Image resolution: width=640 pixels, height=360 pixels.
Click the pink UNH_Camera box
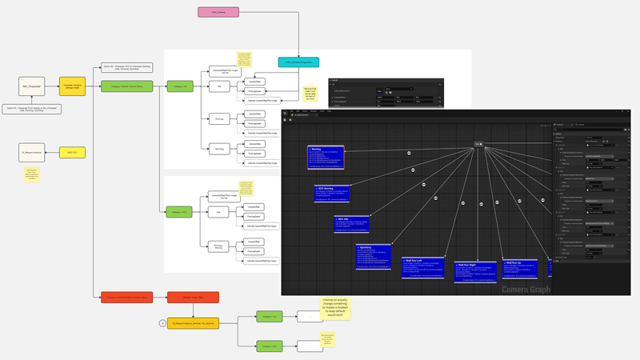coord(218,12)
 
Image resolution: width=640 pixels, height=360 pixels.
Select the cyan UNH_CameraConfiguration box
coord(299,62)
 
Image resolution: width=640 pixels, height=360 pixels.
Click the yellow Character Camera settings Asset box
coord(73,86)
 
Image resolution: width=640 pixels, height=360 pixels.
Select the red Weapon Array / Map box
coord(187,298)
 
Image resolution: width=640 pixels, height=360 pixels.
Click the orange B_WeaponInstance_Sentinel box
coord(193,322)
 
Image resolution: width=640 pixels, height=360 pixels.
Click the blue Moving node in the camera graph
coord(326,158)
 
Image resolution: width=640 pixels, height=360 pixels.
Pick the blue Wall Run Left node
coord(422,268)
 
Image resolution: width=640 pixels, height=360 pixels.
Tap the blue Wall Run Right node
coord(473,271)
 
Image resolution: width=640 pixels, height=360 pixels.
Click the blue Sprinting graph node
coord(372,257)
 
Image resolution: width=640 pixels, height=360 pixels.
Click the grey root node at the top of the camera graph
coord(478,143)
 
